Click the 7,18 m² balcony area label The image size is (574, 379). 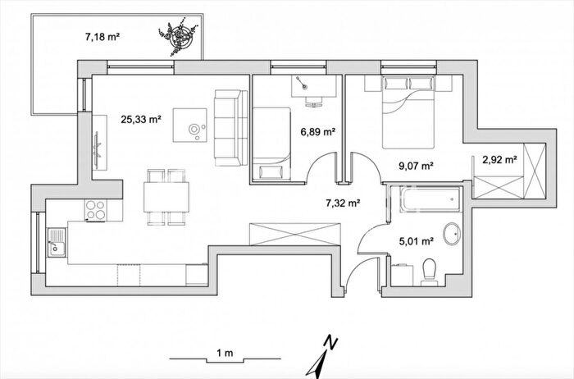(x=102, y=37)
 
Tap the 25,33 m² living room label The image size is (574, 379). (x=141, y=120)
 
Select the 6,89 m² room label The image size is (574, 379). (x=318, y=132)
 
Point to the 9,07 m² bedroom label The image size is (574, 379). (x=416, y=166)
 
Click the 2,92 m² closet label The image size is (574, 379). (x=499, y=160)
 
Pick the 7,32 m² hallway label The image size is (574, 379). (x=343, y=203)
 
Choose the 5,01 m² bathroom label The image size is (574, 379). (x=417, y=241)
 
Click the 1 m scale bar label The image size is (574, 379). (x=225, y=353)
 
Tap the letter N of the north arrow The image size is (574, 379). (x=331, y=342)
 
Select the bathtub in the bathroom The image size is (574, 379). (x=430, y=199)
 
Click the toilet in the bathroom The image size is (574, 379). (x=429, y=272)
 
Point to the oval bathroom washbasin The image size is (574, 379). (x=452, y=234)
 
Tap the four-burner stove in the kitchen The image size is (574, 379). (x=96, y=210)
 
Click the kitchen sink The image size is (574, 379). (x=57, y=242)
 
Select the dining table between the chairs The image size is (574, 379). (x=166, y=197)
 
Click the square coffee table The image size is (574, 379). (x=190, y=125)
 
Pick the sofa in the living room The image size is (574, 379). (x=231, y=127)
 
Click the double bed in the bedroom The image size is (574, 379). (x=408, y=112)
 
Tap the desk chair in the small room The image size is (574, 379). (x=313, y=102)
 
